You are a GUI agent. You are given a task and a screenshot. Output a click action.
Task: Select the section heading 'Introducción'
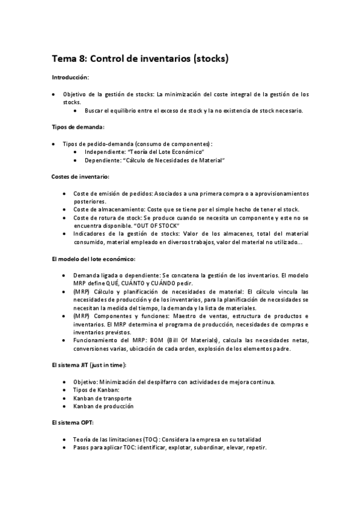click(x=70, y=78)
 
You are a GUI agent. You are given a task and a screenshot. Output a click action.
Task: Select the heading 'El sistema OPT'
click(x=73, y=423)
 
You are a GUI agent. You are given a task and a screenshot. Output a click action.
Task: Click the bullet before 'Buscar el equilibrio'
click(x=75, y=111)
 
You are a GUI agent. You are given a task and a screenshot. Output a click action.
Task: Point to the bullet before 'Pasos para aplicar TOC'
click(x=65, y=447)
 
